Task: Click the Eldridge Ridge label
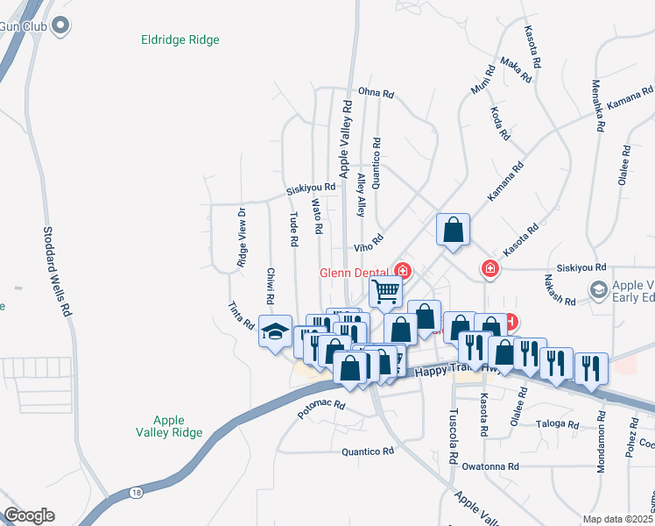[x=180, y=39]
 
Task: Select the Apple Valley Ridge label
[x=176, y=426]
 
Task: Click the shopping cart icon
[x=385, y=291]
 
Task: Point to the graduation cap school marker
[x=275, y=332]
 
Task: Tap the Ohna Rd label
[x=376, y=91]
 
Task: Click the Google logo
[x=28, y=515]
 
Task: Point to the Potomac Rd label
[x=321, y=409]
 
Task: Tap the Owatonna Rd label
[x=491, y=466]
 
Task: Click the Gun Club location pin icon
[x=60, y=25]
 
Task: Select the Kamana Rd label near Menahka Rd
[x=630, y=97]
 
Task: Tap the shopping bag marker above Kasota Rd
[x=454, y=230]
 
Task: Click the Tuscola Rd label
[x=453, y=436]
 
